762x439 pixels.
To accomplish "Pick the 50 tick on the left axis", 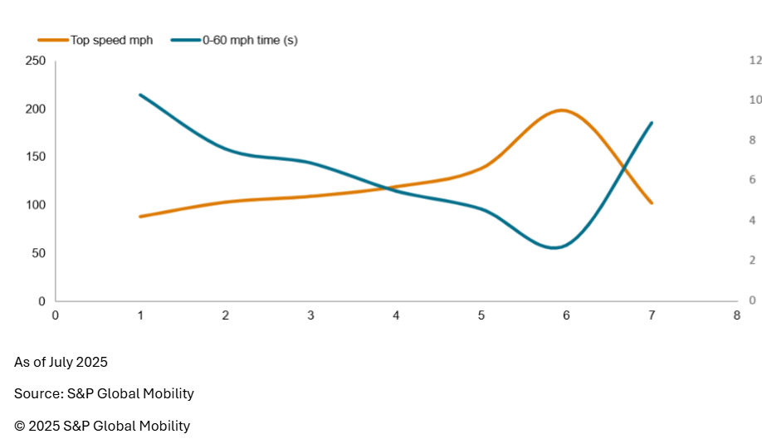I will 38,253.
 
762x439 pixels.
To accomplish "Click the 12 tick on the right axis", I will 755,61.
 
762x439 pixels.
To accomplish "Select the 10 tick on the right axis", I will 755,100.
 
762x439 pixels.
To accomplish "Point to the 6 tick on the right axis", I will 752,180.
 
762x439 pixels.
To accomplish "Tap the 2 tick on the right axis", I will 752,261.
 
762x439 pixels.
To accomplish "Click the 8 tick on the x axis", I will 736,315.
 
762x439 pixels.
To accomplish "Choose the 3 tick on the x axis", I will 310,315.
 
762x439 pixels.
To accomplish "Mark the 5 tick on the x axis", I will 481,315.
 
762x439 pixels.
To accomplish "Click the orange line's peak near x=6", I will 562,110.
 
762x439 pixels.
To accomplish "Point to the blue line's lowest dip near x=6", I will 554,247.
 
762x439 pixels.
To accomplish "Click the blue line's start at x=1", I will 141,95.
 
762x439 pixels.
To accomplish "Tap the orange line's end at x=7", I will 652,202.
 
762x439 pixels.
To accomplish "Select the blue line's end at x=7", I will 652,123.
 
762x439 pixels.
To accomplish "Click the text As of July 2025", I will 61,362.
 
